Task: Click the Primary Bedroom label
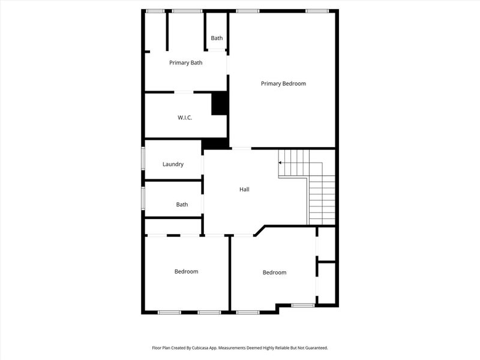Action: coord(283,83)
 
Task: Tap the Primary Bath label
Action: coord(185,62)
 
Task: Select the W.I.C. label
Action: coord(184,118)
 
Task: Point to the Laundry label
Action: coord(173,164)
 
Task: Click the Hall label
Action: coord(244,190)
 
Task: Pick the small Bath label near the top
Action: coord(217,38)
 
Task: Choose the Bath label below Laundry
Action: coord(182,205)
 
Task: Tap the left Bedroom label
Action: coord(186,272)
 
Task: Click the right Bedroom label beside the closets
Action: coord(274,272)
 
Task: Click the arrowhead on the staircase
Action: coord(280,163)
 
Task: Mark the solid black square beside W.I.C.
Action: coord(220,103)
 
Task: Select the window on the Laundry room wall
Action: coord(143,160)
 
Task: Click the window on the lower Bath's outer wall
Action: coord(143,199)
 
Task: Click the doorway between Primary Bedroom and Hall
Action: coord(241,148)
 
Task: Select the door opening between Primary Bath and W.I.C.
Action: coord(184,92)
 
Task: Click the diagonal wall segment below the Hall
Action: coord(259,230)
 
